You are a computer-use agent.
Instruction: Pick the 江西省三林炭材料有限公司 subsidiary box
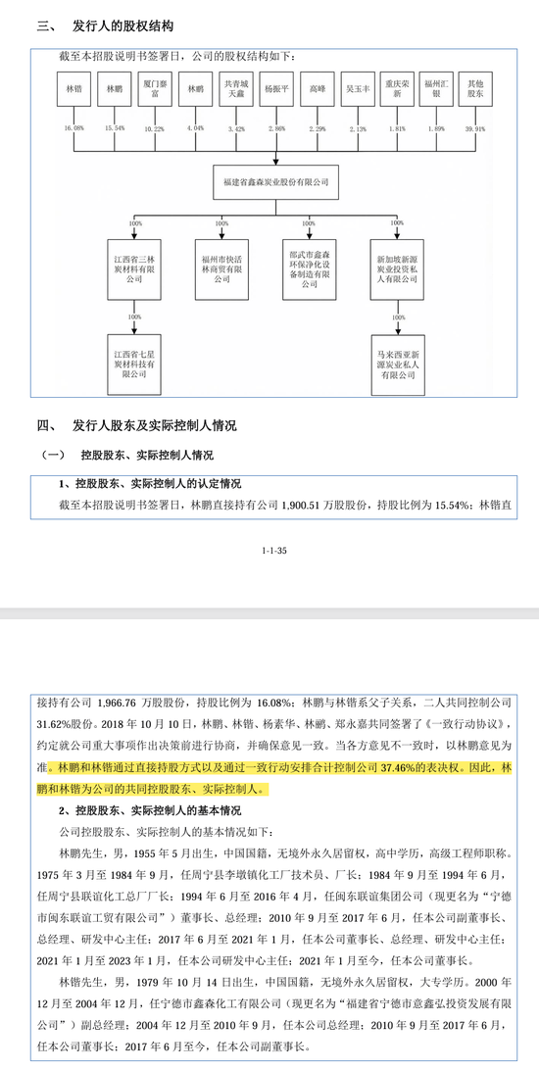click(x=135, y=264)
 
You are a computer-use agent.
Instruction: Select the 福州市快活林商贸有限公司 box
click(x=220, y=264)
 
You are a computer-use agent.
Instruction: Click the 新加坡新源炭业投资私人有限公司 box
click(x=397, y=264)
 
